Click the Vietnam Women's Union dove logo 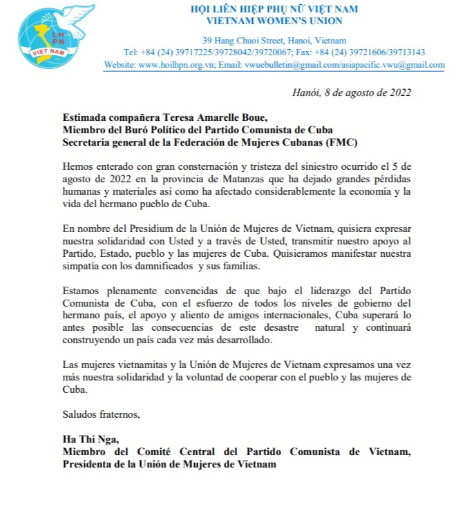tap(48, 35)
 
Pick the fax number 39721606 tap(374, 52)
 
